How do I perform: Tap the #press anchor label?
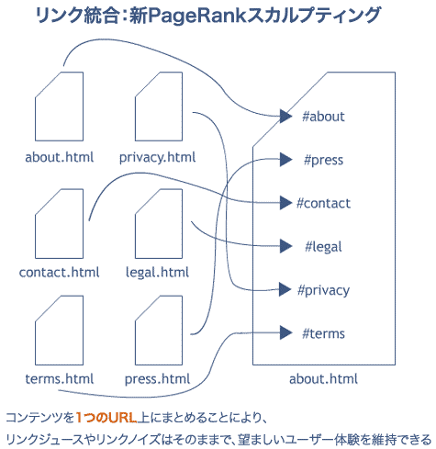(323, 161)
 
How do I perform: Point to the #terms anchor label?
(323, 333)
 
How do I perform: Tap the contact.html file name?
(59, 271)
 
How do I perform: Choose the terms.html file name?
(59, 378)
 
